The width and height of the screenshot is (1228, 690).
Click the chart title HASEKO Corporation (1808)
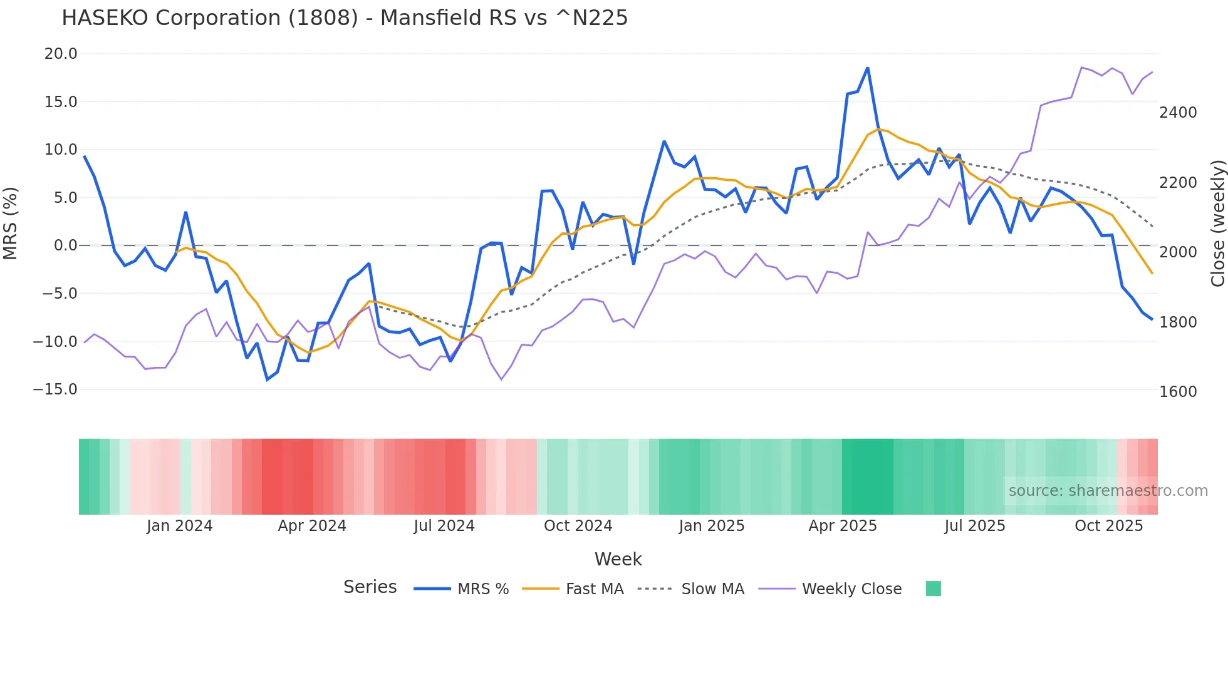click(344, 18)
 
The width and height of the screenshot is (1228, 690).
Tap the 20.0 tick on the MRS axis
click(61, 54)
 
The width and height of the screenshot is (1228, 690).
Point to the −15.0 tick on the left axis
click(55, 389)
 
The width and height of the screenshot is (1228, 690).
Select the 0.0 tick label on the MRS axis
click(65, 245)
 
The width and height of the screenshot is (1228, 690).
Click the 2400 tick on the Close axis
click(1178, 113)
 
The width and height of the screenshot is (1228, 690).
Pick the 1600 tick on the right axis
click(1178, 392)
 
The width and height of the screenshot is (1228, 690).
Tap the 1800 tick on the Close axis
click(1178, 322)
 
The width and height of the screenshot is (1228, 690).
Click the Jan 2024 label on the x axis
click(180, 526)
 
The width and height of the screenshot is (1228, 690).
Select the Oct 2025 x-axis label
click(1108, 526)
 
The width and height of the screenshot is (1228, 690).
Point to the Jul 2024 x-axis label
click(444, 526)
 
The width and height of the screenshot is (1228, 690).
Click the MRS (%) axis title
click(11, 223)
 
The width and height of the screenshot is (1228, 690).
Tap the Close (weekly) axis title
click(1217, 224)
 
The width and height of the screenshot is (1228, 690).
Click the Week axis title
click(618, 559)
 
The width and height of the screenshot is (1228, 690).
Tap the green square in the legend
click(933, 589)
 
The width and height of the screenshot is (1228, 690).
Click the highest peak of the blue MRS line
click(868, 68)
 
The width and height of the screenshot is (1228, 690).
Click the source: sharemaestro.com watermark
click(1108, 491)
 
